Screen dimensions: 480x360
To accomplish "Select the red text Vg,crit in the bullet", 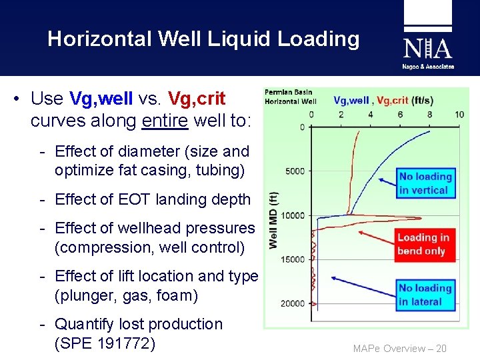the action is coord(197,99).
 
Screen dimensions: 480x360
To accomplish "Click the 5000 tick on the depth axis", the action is coord(295,171).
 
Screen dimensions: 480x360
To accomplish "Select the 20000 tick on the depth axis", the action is coord(293,304).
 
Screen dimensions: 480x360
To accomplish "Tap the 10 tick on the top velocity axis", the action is coord(459,115).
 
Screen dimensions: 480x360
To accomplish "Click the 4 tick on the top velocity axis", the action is coord(371,115).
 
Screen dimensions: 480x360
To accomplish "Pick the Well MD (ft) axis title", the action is coord(273,221).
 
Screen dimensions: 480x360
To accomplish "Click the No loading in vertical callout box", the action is coord(425,183).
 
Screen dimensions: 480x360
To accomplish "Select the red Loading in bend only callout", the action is coord(423,244).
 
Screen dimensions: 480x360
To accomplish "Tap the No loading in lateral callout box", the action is coord(425,295).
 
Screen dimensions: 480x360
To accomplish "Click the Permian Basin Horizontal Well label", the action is coord(291,97).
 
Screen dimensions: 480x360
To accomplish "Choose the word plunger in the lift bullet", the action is coord(89,295).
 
